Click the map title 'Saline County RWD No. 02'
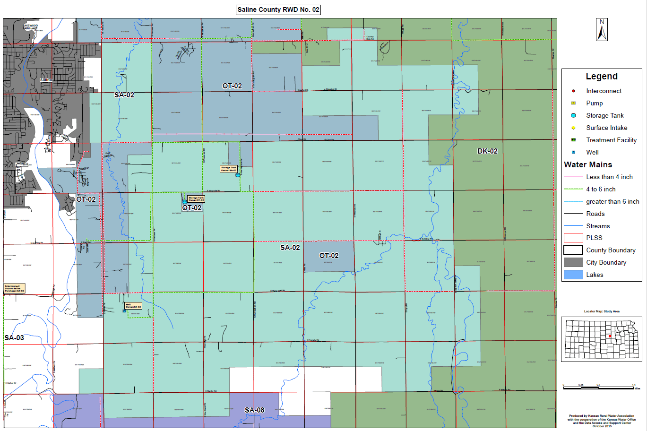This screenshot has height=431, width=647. (x=278, y=10)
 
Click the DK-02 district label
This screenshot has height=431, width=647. (x=487, y=151)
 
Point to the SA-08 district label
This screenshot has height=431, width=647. (x=254, y=410)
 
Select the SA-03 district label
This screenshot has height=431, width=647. (x=14, y=338)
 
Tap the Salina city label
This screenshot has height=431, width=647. (x=46, y=80)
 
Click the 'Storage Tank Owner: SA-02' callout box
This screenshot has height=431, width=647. (x=229, y=169)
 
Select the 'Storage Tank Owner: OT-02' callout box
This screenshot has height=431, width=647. (x=196, y=199)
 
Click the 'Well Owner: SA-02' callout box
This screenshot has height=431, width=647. (x=133, y=306)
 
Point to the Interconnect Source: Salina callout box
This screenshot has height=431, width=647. (x=14, y=288)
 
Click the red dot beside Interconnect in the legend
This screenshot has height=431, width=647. (x=573, y=91)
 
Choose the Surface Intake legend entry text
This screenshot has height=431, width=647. (x=606, y=128)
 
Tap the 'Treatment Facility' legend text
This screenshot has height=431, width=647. (x=611, y=140)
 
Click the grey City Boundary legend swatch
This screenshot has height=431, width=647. (x=573, y=262)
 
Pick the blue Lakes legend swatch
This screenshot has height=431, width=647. (x=573, y=275)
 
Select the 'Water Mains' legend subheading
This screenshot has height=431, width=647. (x=588, y=164)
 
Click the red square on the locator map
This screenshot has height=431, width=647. (x=610, y=336)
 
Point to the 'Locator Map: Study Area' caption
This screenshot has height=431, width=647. (x=602, y=311)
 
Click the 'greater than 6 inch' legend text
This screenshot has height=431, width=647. (x=612, y=201)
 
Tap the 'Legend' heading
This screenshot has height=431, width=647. (x=602, y=77)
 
